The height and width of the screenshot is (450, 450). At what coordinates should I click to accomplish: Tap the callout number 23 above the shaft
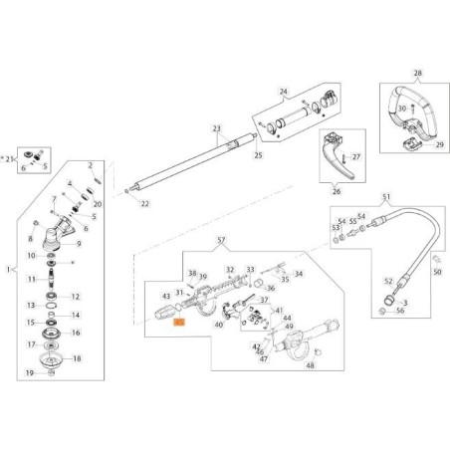click(x=215, y=128)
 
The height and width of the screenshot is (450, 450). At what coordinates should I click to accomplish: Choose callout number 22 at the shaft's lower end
click(x=145, y=204)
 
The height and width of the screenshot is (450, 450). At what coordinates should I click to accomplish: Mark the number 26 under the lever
click(x=336, y=191)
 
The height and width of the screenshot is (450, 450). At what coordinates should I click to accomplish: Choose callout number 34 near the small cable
click(x=298, y=273)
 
